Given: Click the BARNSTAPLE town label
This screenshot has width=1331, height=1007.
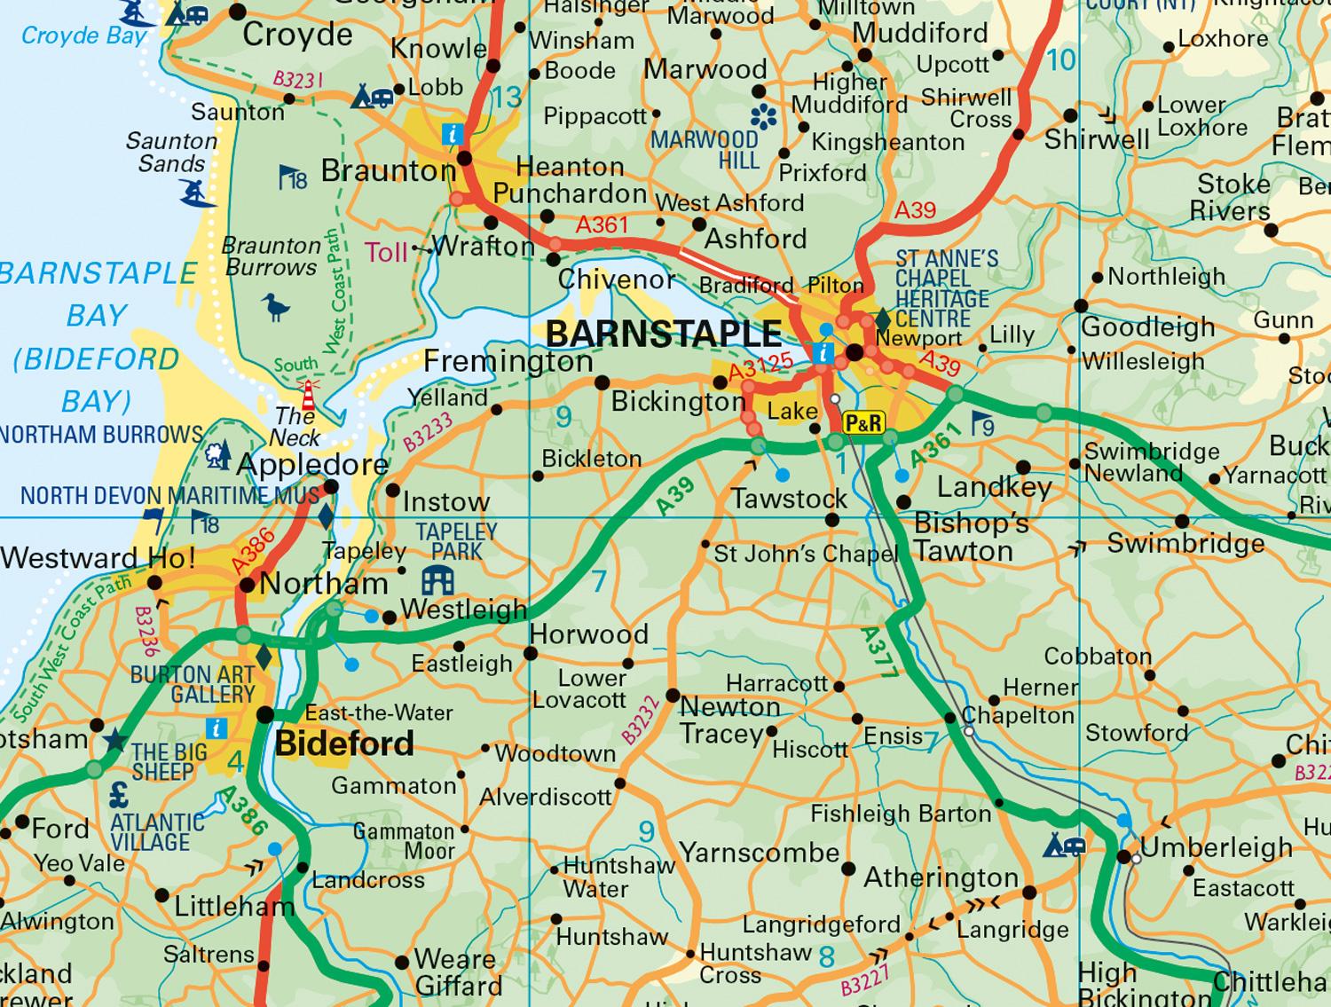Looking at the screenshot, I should [663, 334].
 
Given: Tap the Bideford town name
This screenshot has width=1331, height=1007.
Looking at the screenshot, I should [344, 743].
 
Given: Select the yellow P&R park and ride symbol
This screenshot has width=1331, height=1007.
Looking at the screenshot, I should [862, 423].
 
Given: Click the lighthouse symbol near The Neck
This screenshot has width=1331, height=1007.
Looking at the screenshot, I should [310, 391].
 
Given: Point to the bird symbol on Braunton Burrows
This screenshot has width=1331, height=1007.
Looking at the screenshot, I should [277, 307].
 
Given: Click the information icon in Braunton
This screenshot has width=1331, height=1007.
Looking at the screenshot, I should [453, 135].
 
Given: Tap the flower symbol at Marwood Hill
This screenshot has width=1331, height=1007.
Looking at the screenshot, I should [763, 116].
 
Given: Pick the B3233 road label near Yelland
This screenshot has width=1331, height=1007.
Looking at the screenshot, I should [428, 430].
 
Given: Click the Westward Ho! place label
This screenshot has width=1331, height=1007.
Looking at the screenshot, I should [98, 558].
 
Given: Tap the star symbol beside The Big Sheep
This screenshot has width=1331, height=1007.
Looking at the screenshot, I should [114, 740].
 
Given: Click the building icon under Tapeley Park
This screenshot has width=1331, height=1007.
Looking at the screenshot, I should [438, 581].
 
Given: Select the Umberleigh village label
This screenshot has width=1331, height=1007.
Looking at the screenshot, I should [1216, 847].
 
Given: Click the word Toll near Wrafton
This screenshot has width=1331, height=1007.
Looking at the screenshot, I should [387, 253].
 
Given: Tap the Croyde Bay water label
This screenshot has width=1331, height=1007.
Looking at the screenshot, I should [83, 35].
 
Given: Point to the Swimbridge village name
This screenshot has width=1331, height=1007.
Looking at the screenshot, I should [1185, 543].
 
